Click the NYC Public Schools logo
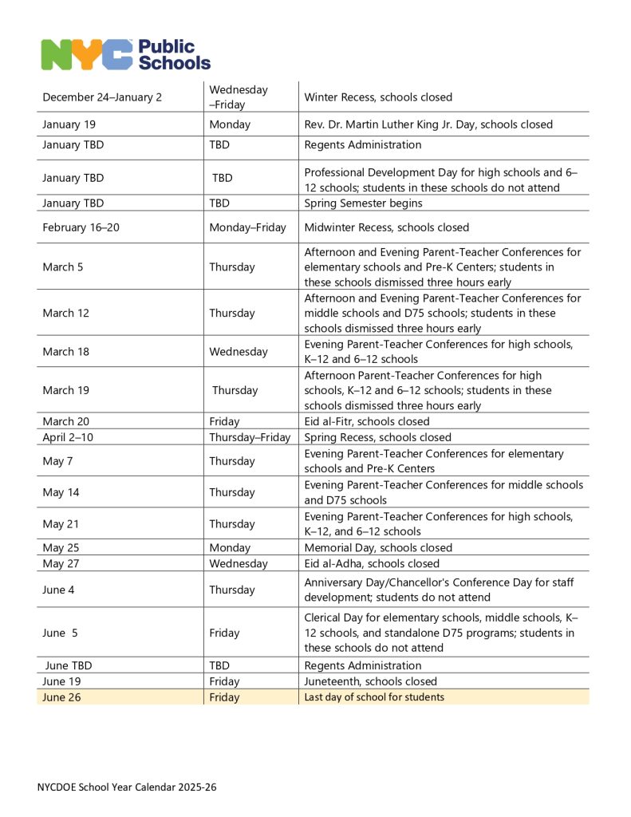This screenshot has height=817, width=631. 125,54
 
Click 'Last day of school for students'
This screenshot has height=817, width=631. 374,697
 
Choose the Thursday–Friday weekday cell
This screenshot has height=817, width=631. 250,437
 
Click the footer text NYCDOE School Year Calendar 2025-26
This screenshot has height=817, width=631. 126,787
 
